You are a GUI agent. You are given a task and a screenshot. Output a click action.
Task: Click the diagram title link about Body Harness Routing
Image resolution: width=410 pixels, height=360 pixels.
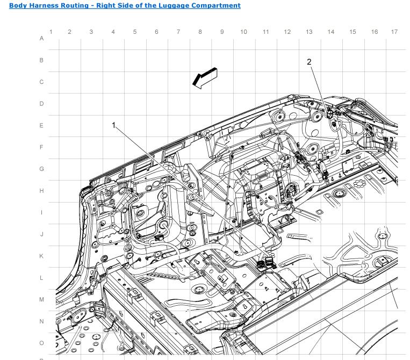[125, 5]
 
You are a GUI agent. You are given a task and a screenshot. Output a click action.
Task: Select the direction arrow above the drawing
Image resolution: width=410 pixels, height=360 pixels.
[205, 78]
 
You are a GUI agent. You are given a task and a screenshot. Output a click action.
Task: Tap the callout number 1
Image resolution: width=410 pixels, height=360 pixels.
[113, 125]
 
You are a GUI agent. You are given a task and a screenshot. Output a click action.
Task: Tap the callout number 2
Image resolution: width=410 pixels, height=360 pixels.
[309, 62]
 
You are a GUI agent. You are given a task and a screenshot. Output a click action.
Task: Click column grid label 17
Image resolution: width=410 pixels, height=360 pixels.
[394, 32]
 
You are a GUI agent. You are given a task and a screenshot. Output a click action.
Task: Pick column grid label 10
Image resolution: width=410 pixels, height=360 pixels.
[243, 32]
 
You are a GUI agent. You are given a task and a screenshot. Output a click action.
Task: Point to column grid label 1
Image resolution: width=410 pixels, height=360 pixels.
[51, 32]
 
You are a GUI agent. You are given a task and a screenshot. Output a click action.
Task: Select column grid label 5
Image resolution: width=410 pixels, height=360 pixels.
[135, 32]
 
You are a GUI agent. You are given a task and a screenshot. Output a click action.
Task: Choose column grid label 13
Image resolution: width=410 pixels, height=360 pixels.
[309, 32]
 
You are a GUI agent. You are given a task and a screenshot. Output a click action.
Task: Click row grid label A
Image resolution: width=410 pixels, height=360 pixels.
[41, 39]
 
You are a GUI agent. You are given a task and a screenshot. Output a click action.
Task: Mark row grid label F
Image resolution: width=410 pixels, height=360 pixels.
[41, 147]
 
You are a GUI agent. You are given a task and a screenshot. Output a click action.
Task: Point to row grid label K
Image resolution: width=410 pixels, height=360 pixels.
[41, 256]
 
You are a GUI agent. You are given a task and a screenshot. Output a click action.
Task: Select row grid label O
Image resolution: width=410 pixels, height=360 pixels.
[41, 343]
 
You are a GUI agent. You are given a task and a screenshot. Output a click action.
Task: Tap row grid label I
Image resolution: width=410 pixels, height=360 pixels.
[41, 213]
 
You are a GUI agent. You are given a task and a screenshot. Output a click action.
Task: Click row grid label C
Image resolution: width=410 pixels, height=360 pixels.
[41, 82]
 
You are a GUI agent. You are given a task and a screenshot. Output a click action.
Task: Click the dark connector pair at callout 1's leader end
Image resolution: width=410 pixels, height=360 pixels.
[265, 263]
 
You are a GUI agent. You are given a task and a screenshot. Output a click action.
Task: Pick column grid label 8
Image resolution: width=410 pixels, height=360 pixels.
[200, 32]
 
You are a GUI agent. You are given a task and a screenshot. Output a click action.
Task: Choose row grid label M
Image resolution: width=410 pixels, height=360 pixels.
[41, 300]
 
